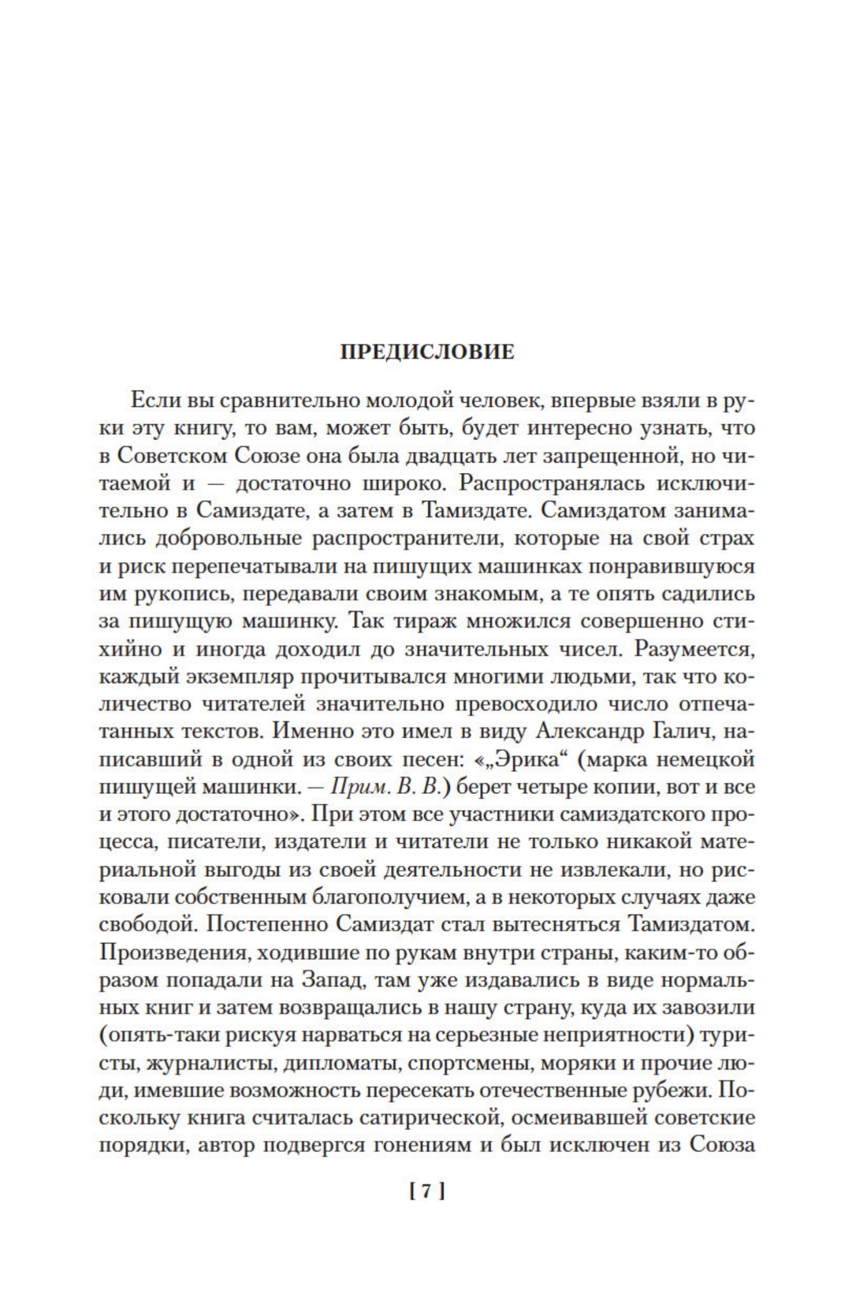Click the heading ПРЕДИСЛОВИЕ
[x=427, y=352]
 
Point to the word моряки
[x=579, y=1063]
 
